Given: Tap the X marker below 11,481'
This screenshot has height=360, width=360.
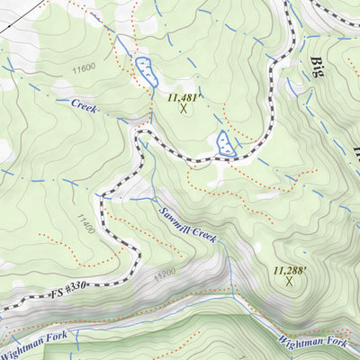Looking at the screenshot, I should tap(184, 109).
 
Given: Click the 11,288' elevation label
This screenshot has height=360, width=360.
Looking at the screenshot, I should tap(290, 268).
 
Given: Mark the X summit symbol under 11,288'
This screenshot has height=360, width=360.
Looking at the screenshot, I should tap(290, 282).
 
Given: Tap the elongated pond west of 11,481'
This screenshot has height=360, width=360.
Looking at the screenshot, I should tap(143, 71).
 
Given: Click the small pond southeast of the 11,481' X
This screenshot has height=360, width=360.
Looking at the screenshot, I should tap(226, 143).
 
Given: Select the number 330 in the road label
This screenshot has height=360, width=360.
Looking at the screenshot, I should tap(79, 288).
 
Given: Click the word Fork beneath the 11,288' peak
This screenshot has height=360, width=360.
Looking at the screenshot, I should tap(336, 343).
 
